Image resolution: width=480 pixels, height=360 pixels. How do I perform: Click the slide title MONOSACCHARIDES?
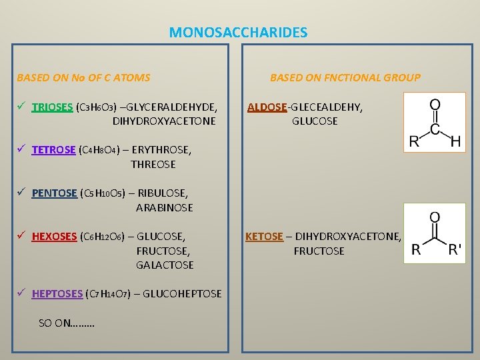click(x=238, y=32)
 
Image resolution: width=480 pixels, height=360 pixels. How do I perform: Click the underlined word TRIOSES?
click(x=52, y=107)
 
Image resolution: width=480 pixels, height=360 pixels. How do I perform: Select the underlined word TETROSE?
click(x=53, y=150)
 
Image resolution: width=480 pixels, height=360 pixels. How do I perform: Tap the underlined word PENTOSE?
click(x=55, y=193)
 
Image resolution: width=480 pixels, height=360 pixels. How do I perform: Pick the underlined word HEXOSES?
click(x=54, y=237)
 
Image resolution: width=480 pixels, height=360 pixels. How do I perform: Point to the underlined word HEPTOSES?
click(x=57, y=293)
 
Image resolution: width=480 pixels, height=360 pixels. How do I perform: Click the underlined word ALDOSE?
click(x=267, y=107)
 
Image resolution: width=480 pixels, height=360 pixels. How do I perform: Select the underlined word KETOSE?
click(x=264, y=237)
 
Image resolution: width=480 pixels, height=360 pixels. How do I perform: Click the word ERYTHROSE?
click(x=161, y=150)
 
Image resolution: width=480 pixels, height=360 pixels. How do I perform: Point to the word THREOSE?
click(x=153, y=164)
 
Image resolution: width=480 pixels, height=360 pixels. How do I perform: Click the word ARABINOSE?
click(x=164, y=207)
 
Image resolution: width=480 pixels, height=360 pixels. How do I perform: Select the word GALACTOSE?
click(x=165, y=265)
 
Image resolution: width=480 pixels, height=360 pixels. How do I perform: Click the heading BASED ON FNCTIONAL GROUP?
click(x=345, y=77)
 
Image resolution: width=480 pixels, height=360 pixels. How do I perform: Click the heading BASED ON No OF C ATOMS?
click(x=83, y=77)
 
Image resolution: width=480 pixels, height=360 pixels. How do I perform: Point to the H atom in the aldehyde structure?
click(x=455, y=141)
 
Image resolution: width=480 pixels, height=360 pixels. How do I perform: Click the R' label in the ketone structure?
click(x=455, y=251)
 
